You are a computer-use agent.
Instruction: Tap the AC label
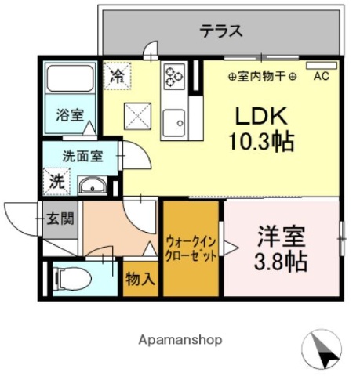[x=321, y=77]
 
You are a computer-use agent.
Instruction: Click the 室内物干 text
[x=262, y=77]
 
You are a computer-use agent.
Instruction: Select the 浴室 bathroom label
[x=67, y=115]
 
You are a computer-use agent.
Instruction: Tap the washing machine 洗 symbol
[x=57, y=182]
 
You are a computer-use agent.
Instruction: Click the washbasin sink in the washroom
[x=95, y=186]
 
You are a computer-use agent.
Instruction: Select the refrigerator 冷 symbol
[x=118, y=77]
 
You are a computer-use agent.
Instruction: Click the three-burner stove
[x=173, y=77]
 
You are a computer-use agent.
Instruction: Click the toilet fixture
[x=71, y=277]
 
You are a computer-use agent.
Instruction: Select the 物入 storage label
[x=141, y=279]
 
